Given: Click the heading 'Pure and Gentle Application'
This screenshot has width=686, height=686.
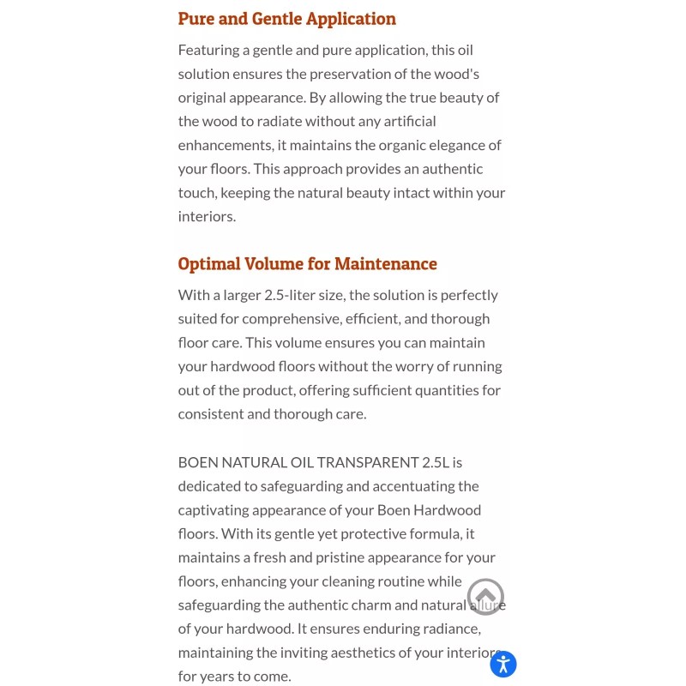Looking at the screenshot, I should pos(286,19).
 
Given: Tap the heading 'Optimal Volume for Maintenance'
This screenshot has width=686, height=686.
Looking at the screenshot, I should pos(307,264).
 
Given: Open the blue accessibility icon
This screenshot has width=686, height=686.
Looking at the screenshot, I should pos(503,664).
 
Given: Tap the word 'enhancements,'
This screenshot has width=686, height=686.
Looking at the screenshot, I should pos(226,145).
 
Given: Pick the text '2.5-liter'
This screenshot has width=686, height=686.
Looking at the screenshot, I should pos(289,295).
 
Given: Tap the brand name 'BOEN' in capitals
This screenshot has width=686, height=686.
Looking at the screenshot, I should pos(198,462).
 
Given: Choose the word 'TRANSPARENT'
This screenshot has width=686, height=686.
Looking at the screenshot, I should pos(368,462).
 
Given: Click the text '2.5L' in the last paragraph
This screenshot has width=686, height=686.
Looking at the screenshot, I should pos(436,462).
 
